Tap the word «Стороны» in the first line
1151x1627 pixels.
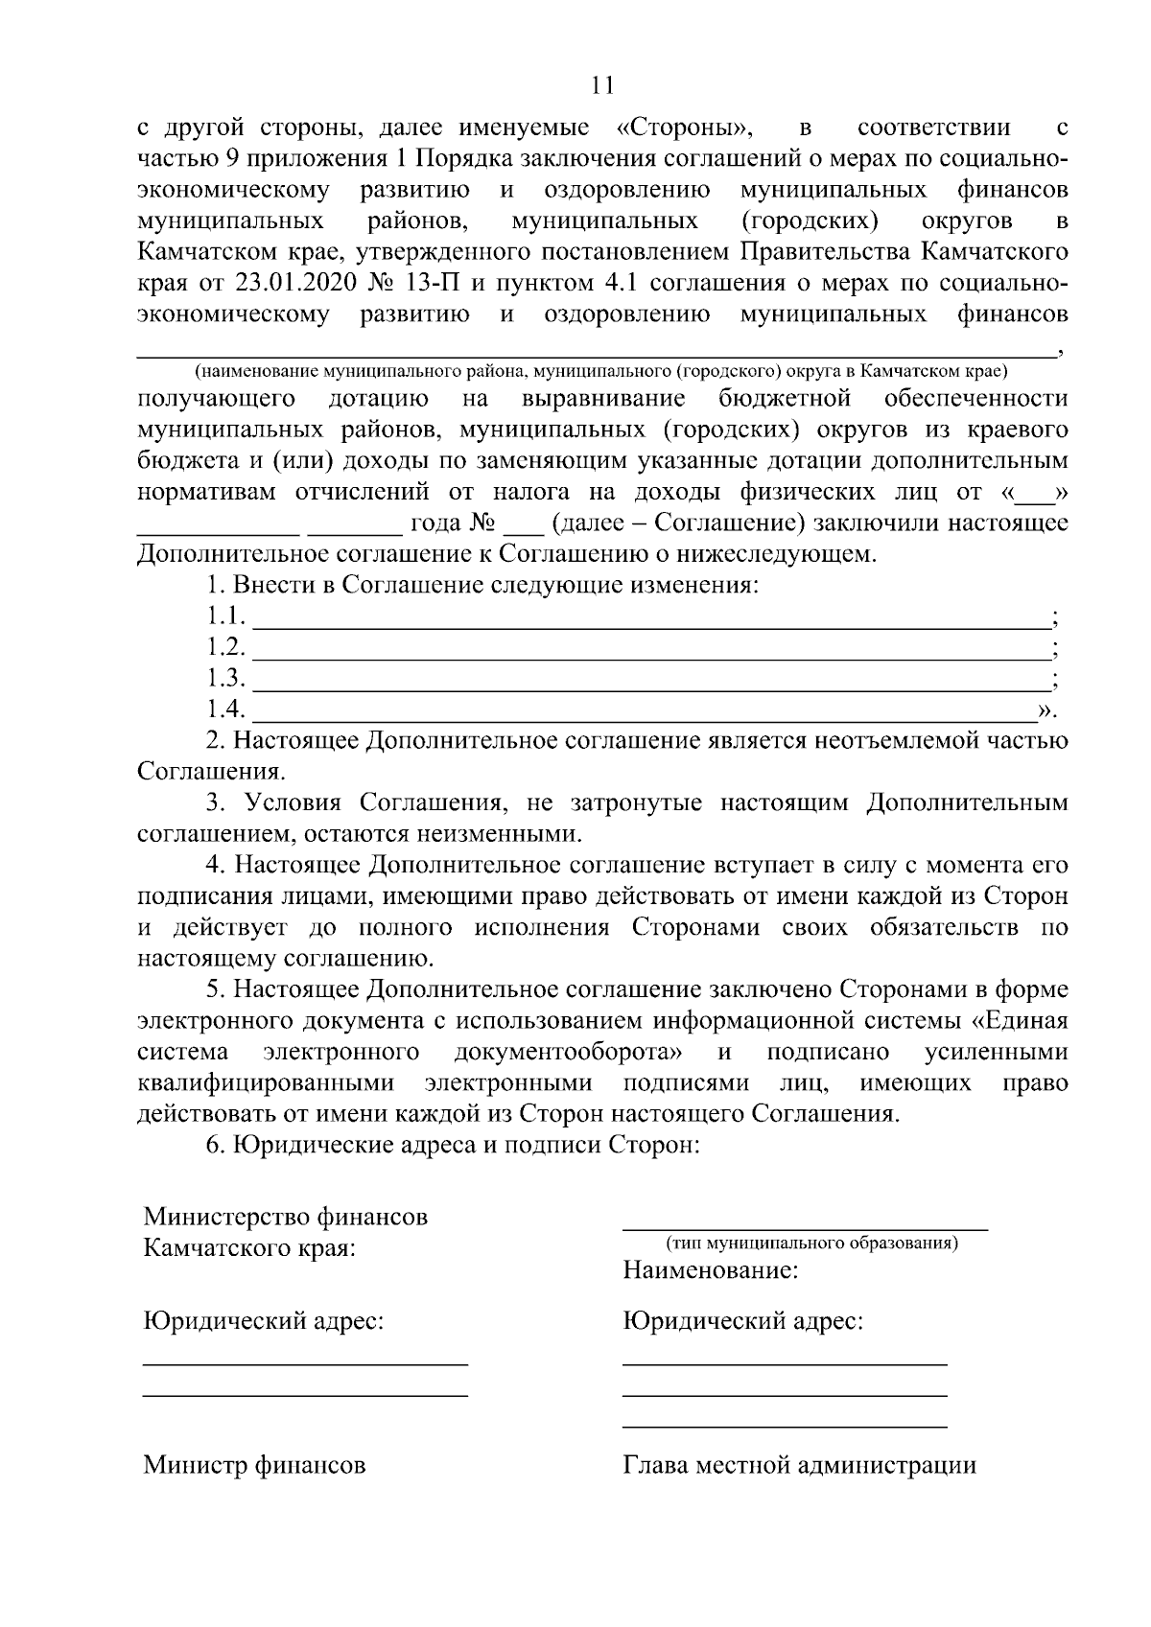[x=682, y=128]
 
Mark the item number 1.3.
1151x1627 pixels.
[x=226, y=679]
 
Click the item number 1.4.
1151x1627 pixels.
[x=226, y=710]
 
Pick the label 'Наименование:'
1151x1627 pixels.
[x=711, y=1272]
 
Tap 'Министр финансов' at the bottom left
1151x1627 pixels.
[x=254, y=1466]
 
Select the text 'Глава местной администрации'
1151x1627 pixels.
[x=800, y=1466]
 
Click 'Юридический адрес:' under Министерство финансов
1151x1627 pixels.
[x=264, y=1322]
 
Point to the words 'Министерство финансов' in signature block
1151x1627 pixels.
[x=286, y=1218]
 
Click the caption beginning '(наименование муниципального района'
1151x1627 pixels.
[x=599, y=372]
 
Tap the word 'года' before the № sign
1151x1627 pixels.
[x=435, y=524]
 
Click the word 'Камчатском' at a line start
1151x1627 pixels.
[x=217, y=253]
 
